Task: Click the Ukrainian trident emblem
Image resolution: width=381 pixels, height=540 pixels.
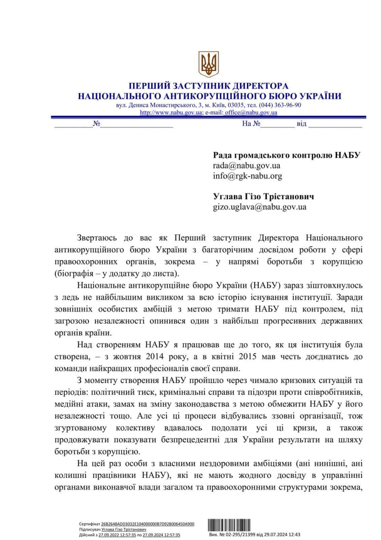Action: (x=209, y=64)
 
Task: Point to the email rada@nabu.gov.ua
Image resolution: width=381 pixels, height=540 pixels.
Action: (x=247, y=165)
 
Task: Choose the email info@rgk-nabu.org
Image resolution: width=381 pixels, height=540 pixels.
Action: (x=247, y=176)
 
